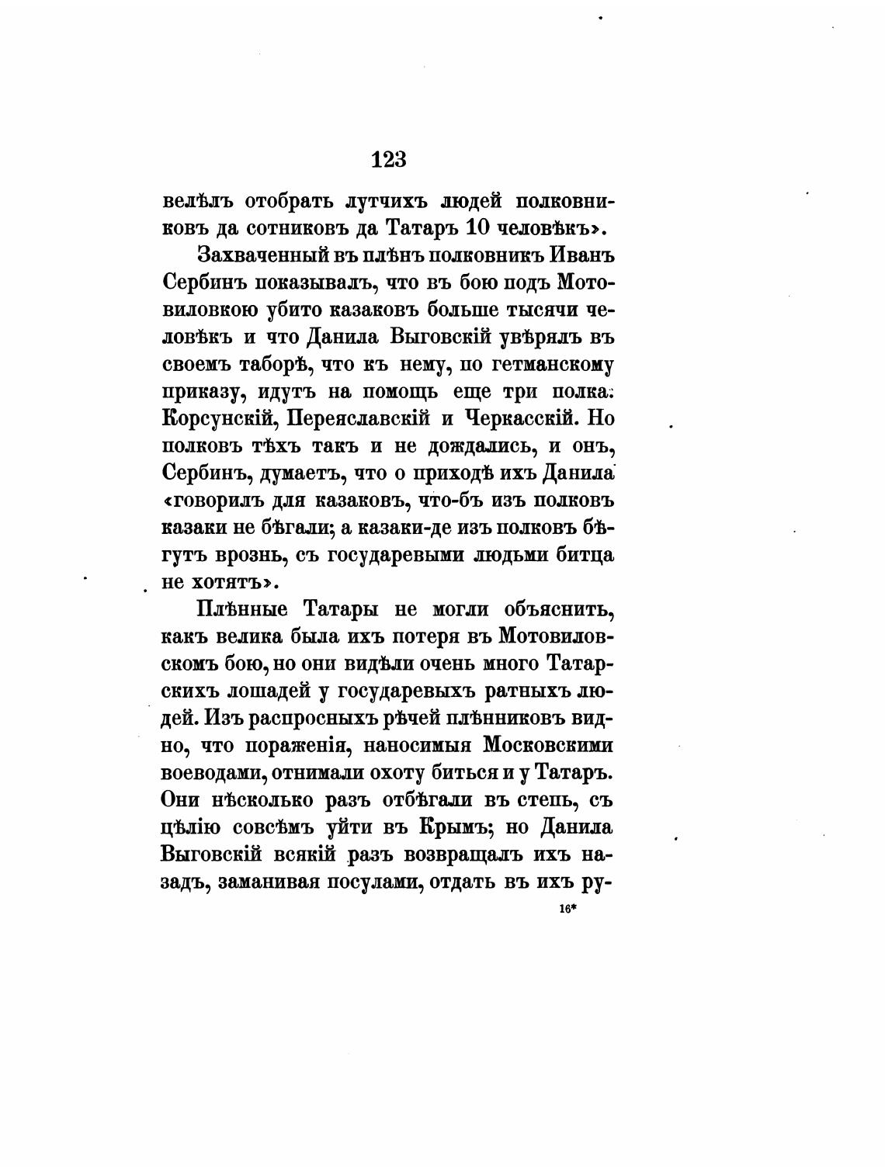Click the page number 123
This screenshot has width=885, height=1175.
tap(389, 159)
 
